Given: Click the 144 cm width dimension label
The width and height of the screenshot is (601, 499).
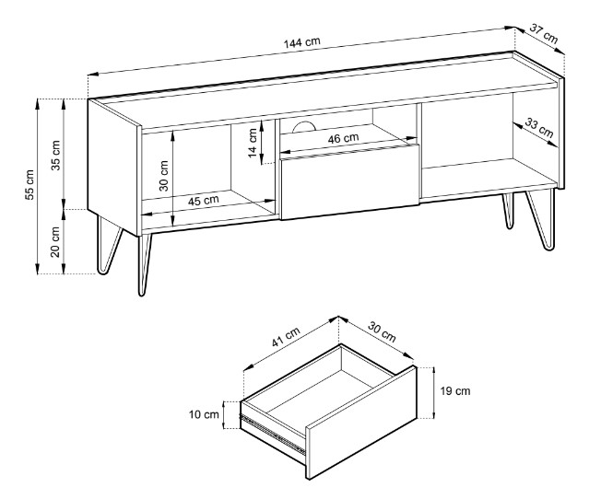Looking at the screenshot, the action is click(x=301, y=43).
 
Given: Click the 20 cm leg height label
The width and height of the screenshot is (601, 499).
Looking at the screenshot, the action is click(x=54, y=244).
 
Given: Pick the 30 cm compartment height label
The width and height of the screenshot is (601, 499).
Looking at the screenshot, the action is click(x=164, y=175).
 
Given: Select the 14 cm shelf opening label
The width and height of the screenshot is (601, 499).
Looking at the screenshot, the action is click(x=253, y=143).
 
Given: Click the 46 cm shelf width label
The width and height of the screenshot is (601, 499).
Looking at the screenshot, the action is click(x=343, y=138).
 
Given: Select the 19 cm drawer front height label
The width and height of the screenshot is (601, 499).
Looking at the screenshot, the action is click(x=455, y=391).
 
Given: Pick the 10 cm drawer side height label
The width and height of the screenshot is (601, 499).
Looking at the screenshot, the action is click(x=205, y=413).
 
